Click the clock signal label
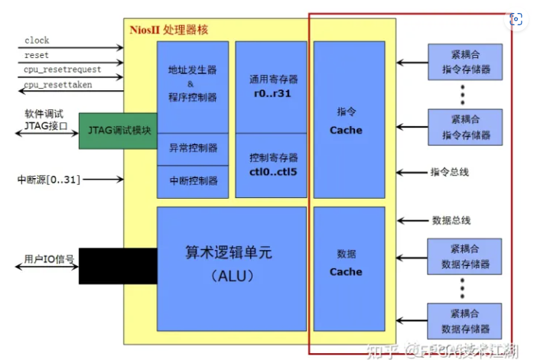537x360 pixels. [37, 40]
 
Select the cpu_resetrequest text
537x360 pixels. [62, 70]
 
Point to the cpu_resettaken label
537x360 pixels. [57, 84]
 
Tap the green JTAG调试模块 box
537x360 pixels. [119, 130]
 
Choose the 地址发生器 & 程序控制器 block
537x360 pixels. [192, 84]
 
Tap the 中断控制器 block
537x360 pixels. [192, 181]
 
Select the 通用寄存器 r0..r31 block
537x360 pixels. [272, 86]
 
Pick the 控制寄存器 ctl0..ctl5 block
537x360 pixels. [272, 164]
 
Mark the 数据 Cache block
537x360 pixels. [346, 263]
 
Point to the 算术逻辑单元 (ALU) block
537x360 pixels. [230, 264]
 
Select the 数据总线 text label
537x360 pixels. [451, 220]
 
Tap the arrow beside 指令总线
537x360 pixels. [411, 172]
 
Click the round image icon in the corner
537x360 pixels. [518, 20]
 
